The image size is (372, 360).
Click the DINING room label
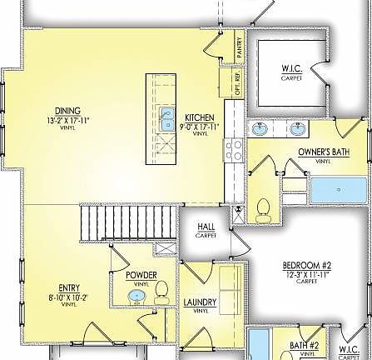pos(68,111)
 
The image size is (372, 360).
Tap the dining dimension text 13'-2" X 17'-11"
pos(68,120)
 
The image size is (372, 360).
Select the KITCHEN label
pos(200,117)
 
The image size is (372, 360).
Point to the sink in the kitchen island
pos(166,116)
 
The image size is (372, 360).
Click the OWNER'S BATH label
pos(323,152)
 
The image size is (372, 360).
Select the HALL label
pos(206,227)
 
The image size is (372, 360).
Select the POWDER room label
pos(141,275)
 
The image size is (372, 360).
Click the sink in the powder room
pos(136,295)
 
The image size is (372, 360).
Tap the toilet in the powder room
pos(161,291)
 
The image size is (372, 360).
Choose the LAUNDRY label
pos(201,302)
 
